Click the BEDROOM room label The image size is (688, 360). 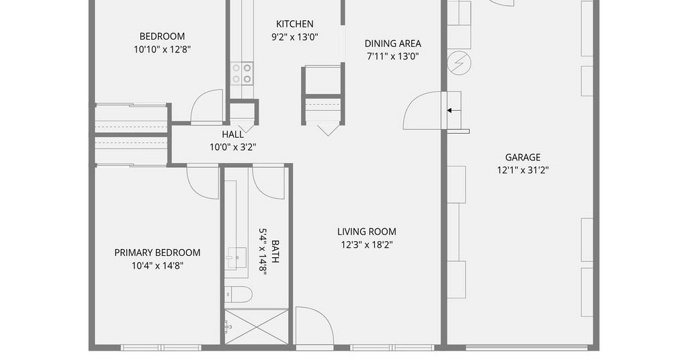[162, 36]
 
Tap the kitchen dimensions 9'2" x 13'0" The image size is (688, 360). [295, 37]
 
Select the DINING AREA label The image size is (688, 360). [392, 44]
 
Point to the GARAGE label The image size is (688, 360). [523, 157]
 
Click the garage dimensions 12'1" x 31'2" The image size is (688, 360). [523, 170]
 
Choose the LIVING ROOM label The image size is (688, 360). [367, 232]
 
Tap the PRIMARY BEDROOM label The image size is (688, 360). [157, 253]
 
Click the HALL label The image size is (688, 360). [232, 134]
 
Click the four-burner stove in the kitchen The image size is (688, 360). [242, 73]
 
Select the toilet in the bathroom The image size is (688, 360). [239, 294]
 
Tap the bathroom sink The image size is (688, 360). [236, 258]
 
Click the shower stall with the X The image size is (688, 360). [257, 326]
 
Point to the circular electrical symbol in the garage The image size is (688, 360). [459, 63]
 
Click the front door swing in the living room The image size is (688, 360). [314, 325]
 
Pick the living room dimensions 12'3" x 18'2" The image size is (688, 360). [367, 244]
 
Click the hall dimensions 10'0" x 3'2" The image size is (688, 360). [232, 147]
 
